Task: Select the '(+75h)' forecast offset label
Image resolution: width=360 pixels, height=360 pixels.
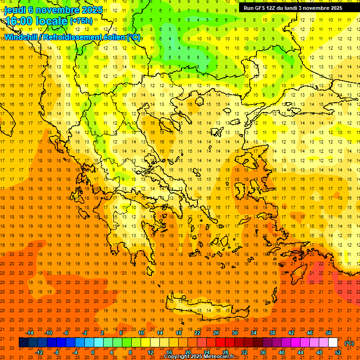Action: (x=81, y=21)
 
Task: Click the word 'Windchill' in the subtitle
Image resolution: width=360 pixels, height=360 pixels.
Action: (x=22, y=37)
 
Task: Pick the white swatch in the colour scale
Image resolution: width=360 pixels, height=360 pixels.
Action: (x=333, y=343)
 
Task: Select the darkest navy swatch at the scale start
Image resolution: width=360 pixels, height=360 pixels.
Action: (x=23, y=343)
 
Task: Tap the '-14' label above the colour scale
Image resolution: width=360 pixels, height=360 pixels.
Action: (x=30, y=333)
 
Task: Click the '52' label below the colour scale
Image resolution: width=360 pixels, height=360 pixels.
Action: (x=338, y=352)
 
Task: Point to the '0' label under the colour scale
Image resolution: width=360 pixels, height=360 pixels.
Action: (x=93, y=352)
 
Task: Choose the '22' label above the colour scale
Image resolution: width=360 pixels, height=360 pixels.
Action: (x=197, y=333)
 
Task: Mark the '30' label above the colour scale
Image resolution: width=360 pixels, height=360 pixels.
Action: (x=235, y=333)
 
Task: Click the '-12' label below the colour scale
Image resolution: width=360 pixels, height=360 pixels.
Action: (x=39, y=352)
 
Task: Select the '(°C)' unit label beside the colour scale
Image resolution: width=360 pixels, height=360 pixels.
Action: (x=349, y=343)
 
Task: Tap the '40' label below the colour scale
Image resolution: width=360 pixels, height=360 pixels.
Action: (x=282, y=352)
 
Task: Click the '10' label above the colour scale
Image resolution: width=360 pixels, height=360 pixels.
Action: (x=141, y=333)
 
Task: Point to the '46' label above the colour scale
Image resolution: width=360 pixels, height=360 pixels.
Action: (x=310, y=333)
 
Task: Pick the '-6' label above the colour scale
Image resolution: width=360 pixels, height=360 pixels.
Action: (x=66, y=333)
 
